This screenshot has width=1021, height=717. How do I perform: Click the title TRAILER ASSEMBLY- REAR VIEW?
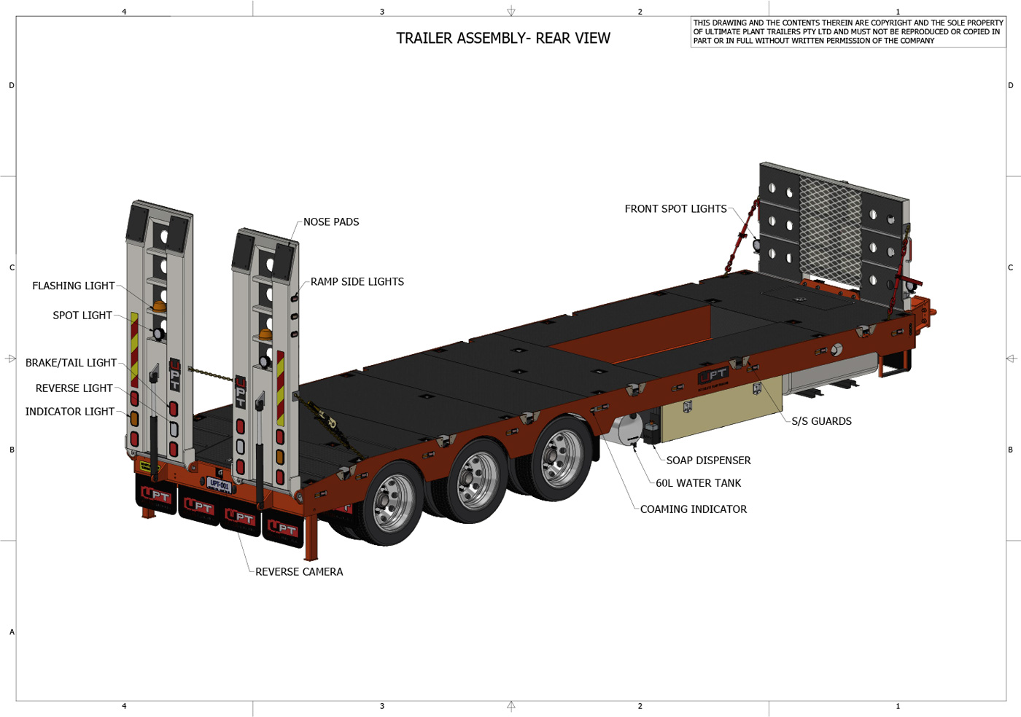[x=503, y=38]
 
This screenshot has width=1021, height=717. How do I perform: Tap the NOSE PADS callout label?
[x=331, y=222]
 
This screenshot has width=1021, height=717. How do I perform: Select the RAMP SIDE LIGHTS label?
[x=357, y=281]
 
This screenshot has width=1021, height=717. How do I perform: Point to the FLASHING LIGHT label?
[x=73, y=286]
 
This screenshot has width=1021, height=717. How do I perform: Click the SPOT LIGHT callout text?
[x=82, y=315]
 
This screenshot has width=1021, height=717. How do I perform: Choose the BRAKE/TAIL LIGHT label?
[x=71, y=362]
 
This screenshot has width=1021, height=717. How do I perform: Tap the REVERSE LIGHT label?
[x=74, y=388]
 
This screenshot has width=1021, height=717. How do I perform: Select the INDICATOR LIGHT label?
[x=69, y=411]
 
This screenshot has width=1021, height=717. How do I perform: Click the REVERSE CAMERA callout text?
[x=299, y=571]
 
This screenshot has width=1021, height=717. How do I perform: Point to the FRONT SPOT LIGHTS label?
[x=675, y=208]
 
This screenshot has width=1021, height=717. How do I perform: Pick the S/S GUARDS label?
[x=821, y=420]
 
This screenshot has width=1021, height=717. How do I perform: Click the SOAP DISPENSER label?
[x=708, y=460]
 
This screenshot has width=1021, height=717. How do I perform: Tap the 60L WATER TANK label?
[x=698, y=482]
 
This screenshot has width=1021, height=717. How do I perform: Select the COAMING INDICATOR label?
[x=693, y=509]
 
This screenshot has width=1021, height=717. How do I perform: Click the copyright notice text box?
[x=847, y=32]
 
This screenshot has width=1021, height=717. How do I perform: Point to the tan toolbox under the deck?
[x=722, y=412]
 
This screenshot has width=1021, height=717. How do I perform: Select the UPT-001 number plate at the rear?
[x=219, y=485]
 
